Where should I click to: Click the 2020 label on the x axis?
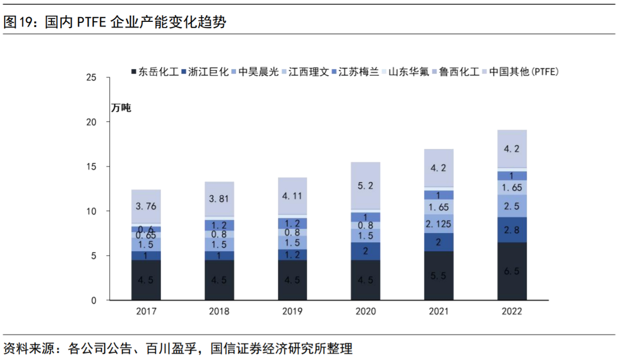click(x=365, y=312)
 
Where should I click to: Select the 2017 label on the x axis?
click(x=146, y=312)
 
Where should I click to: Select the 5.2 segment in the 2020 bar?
click(x=365, y=186)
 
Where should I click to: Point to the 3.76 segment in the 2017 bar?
click(x=146, y=206)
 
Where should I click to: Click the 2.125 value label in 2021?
click(x=439, y=224)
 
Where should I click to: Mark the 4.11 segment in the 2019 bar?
click(x=292, y=196)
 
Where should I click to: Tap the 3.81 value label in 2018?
click(x=219, y=199)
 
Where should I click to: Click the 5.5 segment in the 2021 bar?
click(x=439, y=276)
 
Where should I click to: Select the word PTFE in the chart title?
click(x=92, y=22)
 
